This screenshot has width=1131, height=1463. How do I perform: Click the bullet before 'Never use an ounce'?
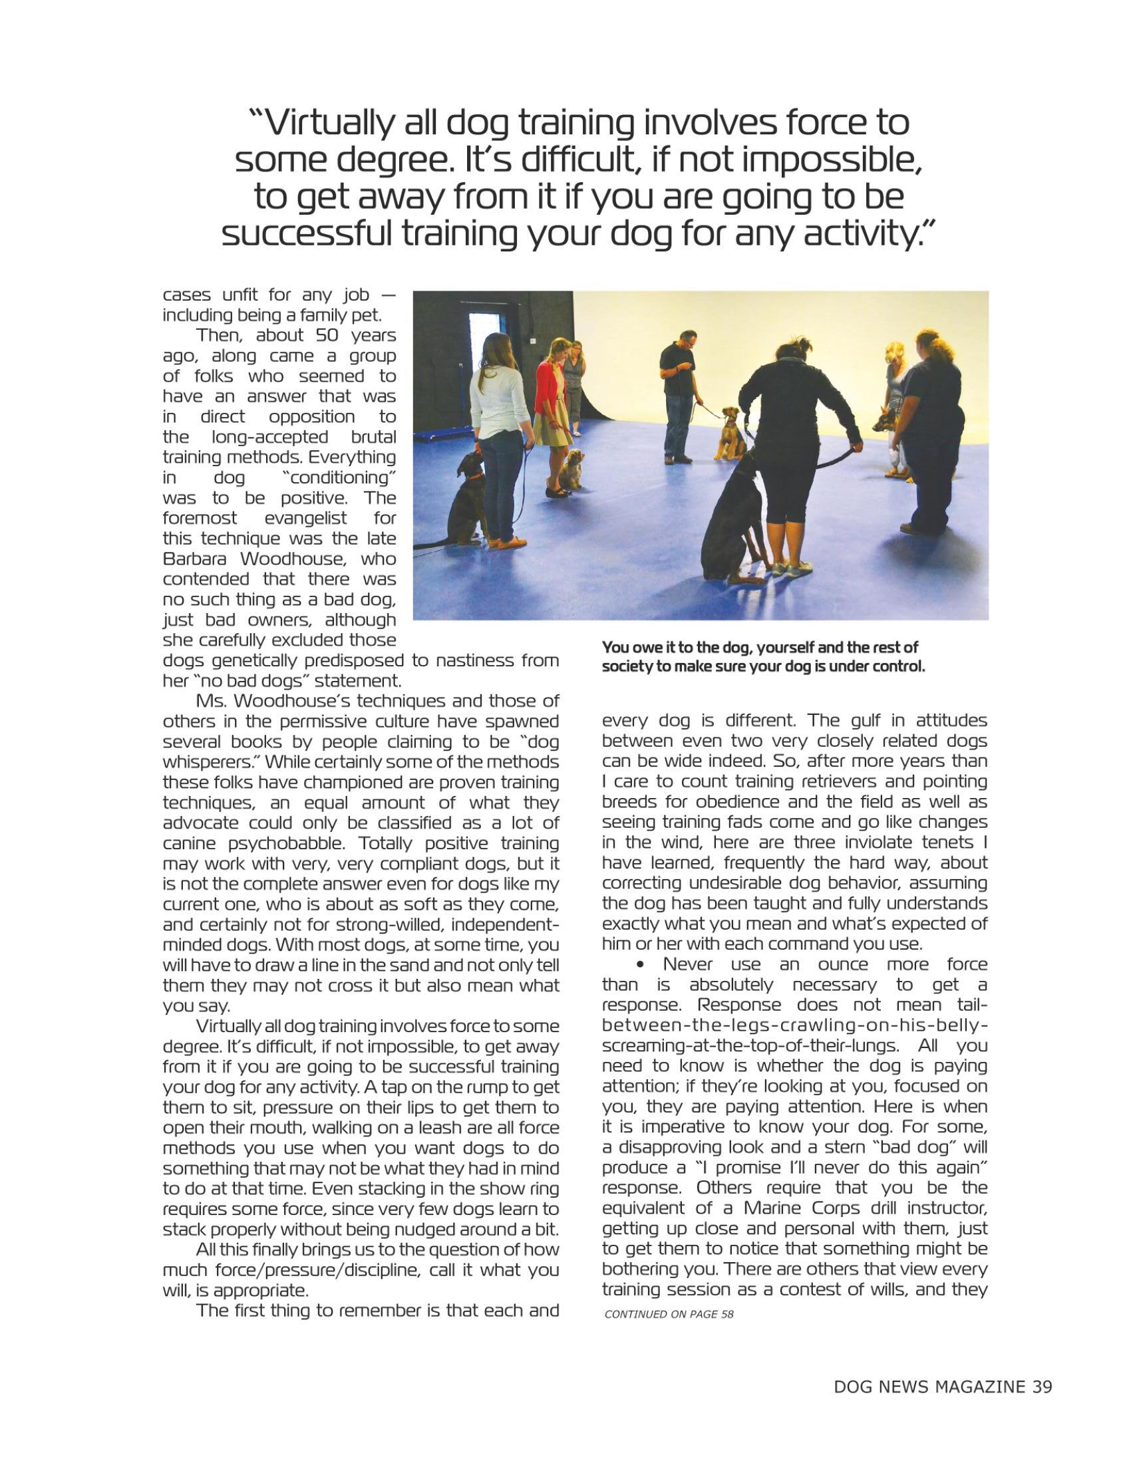[643, 966]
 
